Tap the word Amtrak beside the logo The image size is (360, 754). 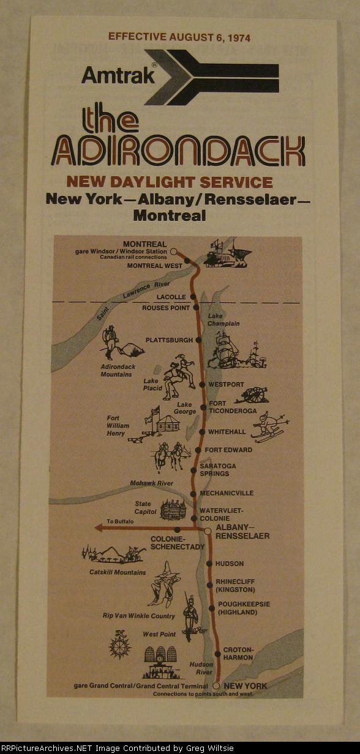118,75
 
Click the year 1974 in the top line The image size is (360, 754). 237,37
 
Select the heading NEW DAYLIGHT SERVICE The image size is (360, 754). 170,182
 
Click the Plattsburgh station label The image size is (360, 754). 168,340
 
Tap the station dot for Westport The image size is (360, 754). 202,385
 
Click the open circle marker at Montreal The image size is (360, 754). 173,251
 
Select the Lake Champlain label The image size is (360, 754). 223,319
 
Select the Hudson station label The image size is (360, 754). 229,564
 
